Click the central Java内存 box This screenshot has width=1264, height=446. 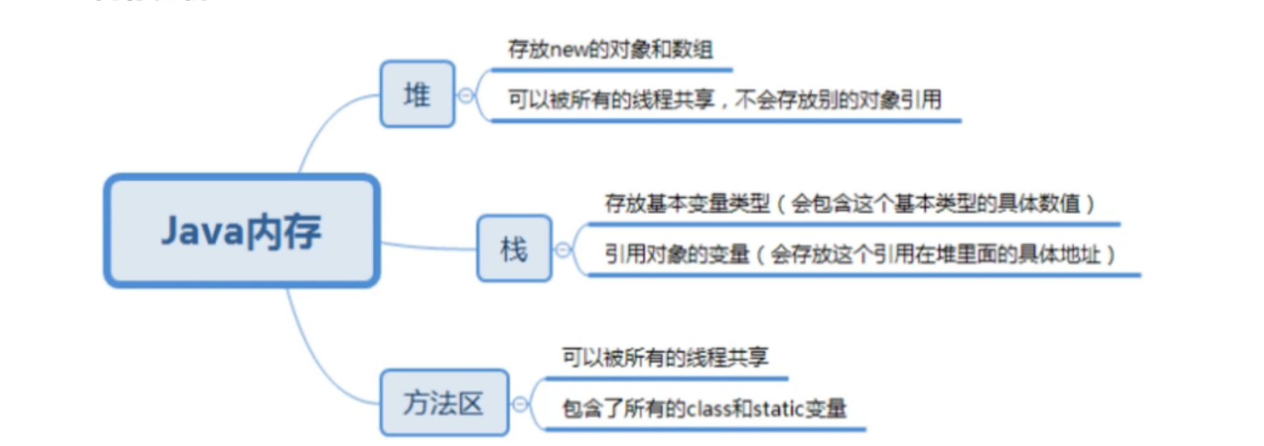coord(241,231)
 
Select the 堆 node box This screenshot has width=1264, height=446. coord(417,95)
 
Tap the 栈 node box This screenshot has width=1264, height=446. coord(514,249)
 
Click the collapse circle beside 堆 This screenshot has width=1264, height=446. coord(466,95)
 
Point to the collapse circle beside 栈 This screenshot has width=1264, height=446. coord(563,250)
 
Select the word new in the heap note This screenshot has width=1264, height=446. coord(569,49)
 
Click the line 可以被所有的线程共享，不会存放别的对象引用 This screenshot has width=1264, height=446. coord(725,99)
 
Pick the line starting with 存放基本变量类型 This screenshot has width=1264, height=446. coord(849,203)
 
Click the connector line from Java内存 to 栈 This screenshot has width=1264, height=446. coord(429,246)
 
